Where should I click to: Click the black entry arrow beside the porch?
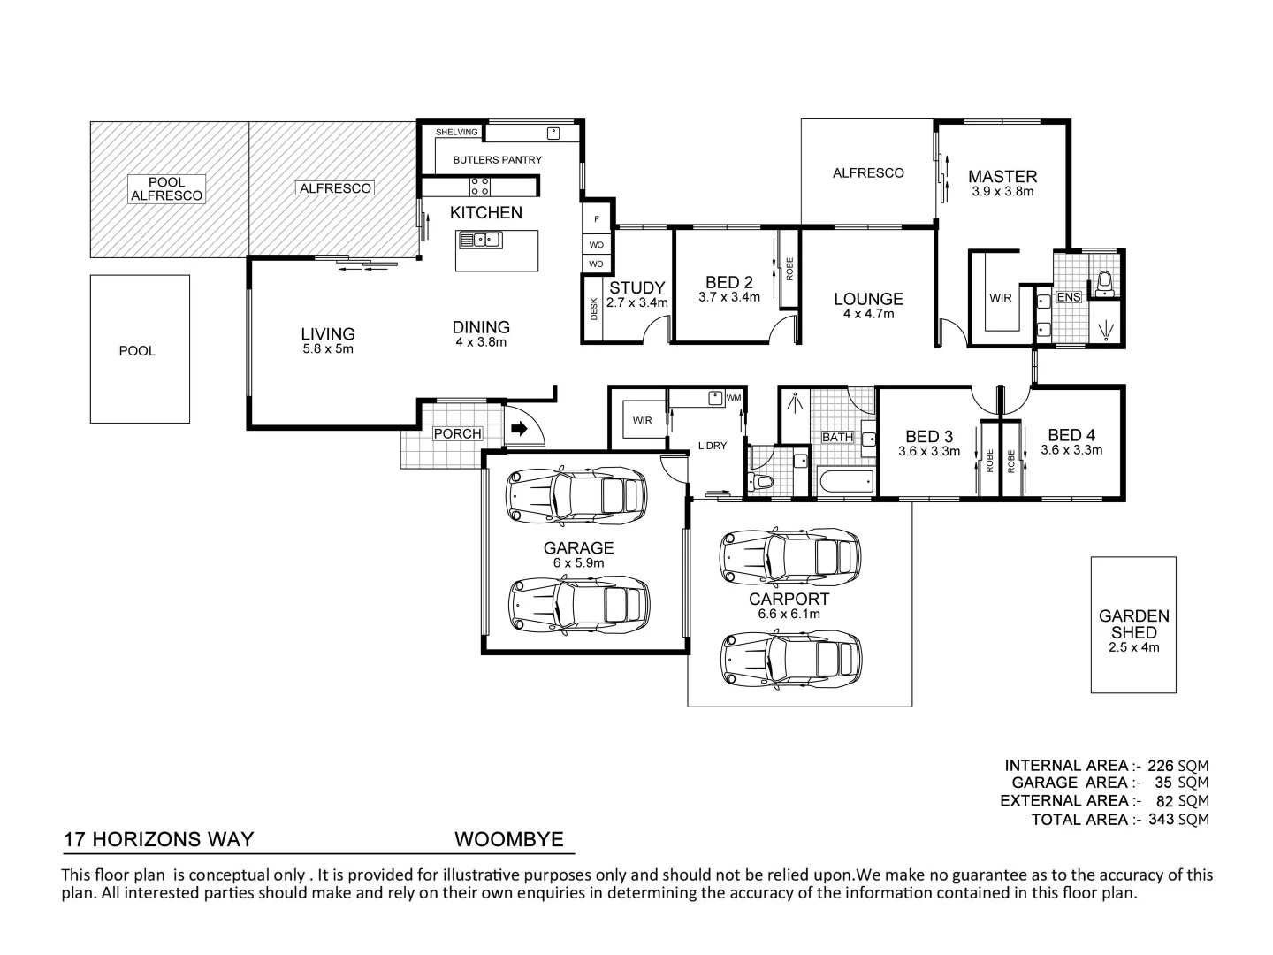pyautogui.click(x=519, y=429)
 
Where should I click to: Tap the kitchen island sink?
pyautogui.click(x=480, y=240)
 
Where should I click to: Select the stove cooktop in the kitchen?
pyautogui.click(x=480, y=187)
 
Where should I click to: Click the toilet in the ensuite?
pyautogui.click(x=1104, y=282)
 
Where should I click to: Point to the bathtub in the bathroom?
pyautogui.click(x=847, y=482)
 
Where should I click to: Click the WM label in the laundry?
pyautogui.click(x=733, y=398)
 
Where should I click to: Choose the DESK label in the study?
pyautogui.click(x=593, y=309)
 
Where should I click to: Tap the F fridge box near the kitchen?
pyautogui.click(x=597, y=219)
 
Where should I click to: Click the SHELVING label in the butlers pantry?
pyautogui.click(x=457, y=133)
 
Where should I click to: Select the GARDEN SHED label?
pyautogui.click(x=1134, y=624)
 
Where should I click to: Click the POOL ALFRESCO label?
pyautogui.click(x=166, y=189)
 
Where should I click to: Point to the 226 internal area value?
pyautogui.click(x=1161, y=766)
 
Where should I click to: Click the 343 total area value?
pyautogui.click(x=1161, y=820)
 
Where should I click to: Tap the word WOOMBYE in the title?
pyautogui.click(x=508, y=839)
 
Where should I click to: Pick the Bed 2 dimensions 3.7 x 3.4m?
pyautogui.click(x=729, y=297)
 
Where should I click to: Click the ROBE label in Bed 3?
pyautogui.click(x=989, y=461)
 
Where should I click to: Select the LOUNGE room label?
pyautogui.click(x=868, y=299)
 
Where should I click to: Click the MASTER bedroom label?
pyautogui.click(x=1002, y=176)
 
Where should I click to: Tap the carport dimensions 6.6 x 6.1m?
pyautogui.click(x=789, y=614)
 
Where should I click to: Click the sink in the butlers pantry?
pyautogui.click(x=553, y=134)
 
